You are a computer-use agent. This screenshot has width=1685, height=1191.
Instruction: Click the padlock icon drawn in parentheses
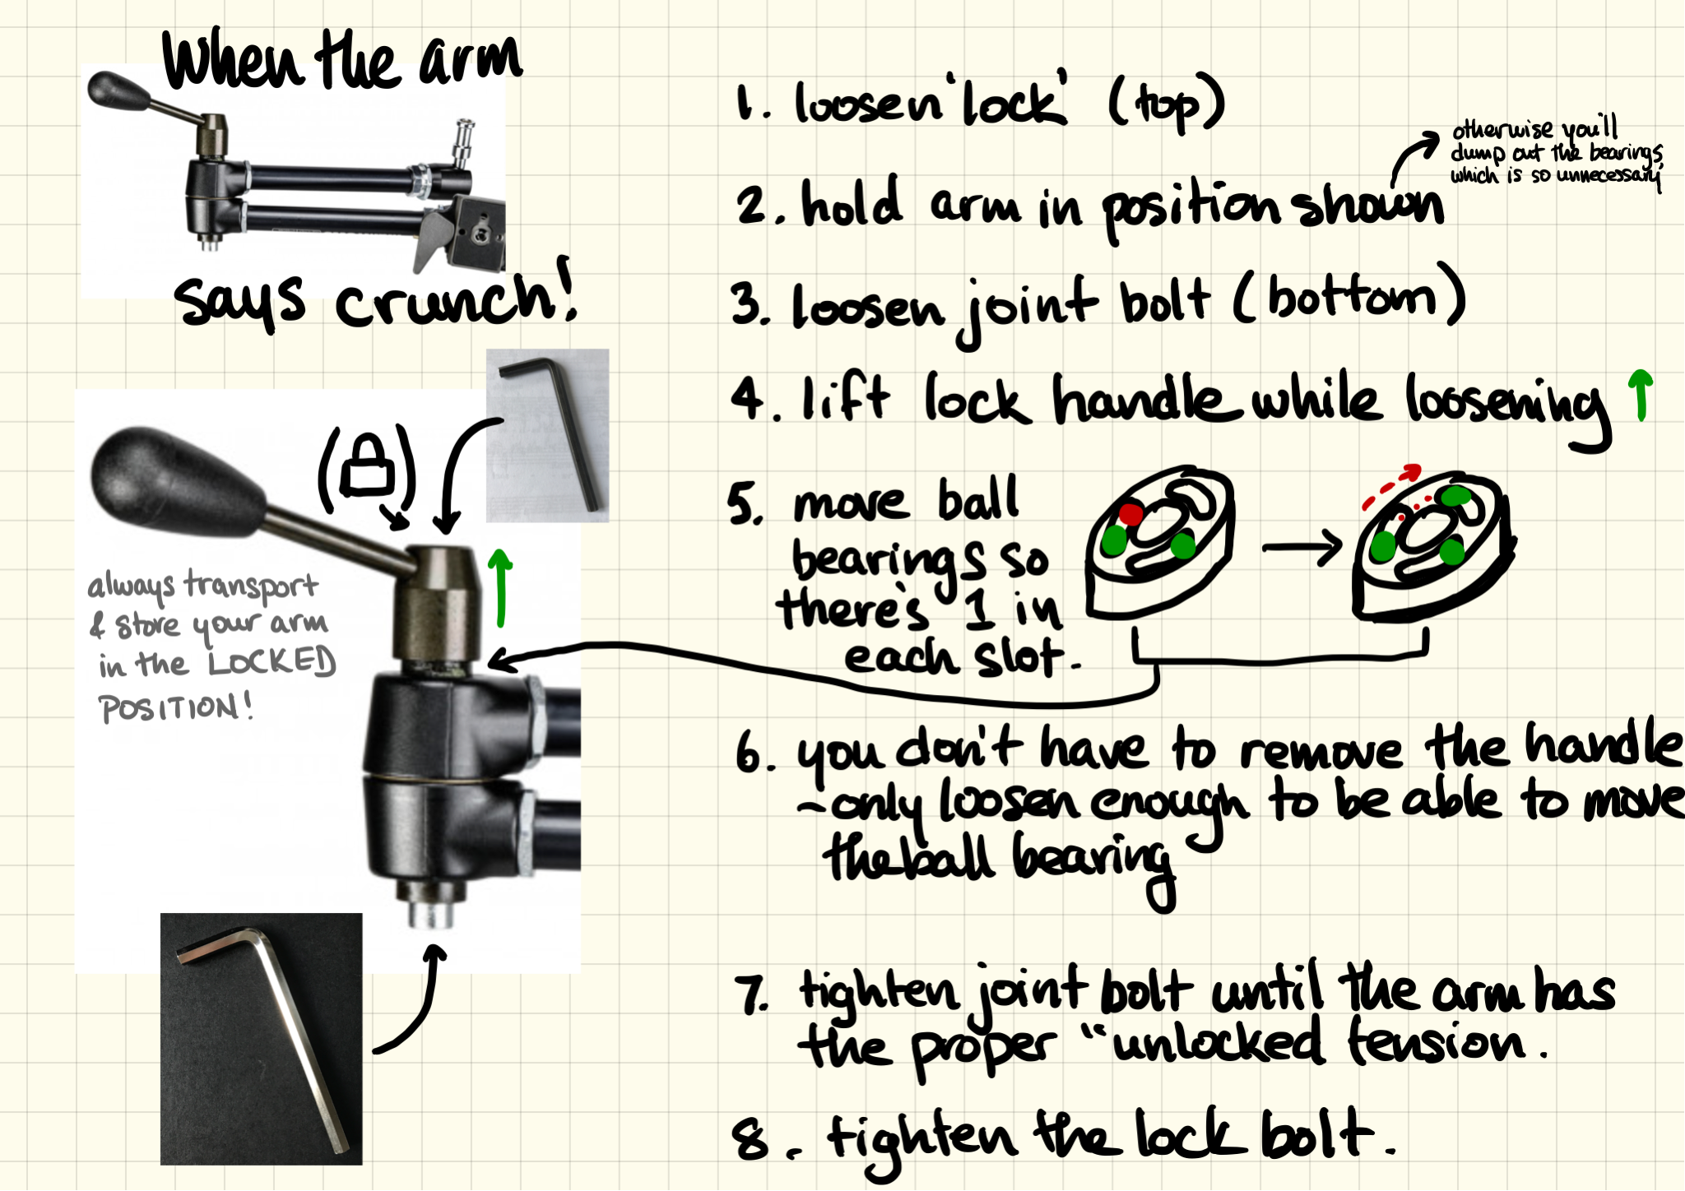367,466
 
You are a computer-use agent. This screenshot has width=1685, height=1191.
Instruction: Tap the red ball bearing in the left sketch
1130,515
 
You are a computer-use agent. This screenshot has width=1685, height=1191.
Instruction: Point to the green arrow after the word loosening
1640,394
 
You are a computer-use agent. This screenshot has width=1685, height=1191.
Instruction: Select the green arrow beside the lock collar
499,587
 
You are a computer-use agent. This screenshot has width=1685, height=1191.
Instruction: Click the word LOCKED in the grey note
272,662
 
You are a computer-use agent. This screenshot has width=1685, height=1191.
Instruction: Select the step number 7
750,994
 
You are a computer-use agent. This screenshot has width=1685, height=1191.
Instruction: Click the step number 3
747,304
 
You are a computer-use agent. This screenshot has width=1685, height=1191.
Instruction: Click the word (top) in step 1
1167,105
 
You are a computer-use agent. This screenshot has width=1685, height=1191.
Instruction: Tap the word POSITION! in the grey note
175,707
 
